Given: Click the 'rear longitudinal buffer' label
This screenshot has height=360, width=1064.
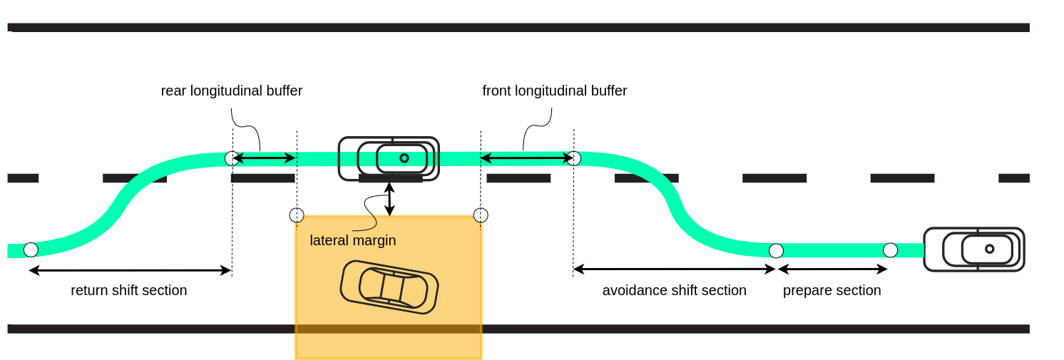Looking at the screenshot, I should tap(231, 91).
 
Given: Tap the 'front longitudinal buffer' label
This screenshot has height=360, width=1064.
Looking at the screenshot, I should tap(554, 91).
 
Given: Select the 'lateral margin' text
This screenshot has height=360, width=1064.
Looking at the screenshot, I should tap(352, 240).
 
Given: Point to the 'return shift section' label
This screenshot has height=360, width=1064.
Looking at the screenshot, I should tap(128, 291).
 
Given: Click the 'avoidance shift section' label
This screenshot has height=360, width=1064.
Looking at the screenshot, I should tap(674, 291).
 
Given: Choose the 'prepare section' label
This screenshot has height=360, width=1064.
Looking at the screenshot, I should tap(832, 291).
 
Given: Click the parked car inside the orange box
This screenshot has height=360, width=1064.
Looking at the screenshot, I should tap(389, 287).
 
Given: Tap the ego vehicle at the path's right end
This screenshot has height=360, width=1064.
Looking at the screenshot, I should tap(973, 250).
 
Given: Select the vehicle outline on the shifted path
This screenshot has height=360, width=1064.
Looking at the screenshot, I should tap(389, 158).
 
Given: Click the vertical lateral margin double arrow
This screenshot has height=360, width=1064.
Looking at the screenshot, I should tap(389, 199).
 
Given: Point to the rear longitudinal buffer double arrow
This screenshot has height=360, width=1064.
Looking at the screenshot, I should tap(264, 158).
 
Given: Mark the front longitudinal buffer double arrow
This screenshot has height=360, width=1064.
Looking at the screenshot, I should tap(526, 158).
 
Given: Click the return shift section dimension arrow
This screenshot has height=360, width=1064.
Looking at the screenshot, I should tap(130, 270).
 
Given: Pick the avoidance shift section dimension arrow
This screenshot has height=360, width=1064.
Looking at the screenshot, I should tap(674, 269).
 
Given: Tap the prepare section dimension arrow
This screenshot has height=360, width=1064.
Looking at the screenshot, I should tap(832, 269).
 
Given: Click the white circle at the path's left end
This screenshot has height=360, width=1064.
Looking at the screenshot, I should tap(31, 250).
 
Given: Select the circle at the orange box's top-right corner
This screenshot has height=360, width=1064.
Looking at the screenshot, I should tap(481, 215).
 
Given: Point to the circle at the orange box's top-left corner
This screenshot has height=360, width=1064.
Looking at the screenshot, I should tap(297, 215).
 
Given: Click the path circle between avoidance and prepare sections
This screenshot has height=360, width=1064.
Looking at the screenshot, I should tap(776, 250).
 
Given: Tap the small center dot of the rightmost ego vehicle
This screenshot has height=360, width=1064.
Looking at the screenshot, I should tap(989, 249).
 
